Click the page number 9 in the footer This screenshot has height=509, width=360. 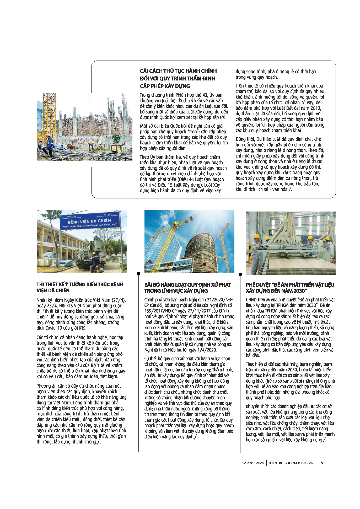[x=322, y=463]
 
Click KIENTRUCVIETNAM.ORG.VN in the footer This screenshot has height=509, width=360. [x=291, y=463]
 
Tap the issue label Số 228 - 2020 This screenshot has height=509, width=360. [x=253, y=463]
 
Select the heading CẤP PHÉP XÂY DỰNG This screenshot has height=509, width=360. [x=165, y=86]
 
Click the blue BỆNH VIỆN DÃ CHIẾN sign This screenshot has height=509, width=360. [x=89, y=222]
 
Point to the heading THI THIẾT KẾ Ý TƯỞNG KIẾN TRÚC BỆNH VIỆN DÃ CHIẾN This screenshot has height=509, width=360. [x=80, y=287]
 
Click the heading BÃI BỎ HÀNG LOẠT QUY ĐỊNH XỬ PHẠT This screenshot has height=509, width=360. [x=187, y=285]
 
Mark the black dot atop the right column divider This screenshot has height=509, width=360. [x=240, y=274]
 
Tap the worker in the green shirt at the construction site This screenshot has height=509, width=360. [x=116, y=138]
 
